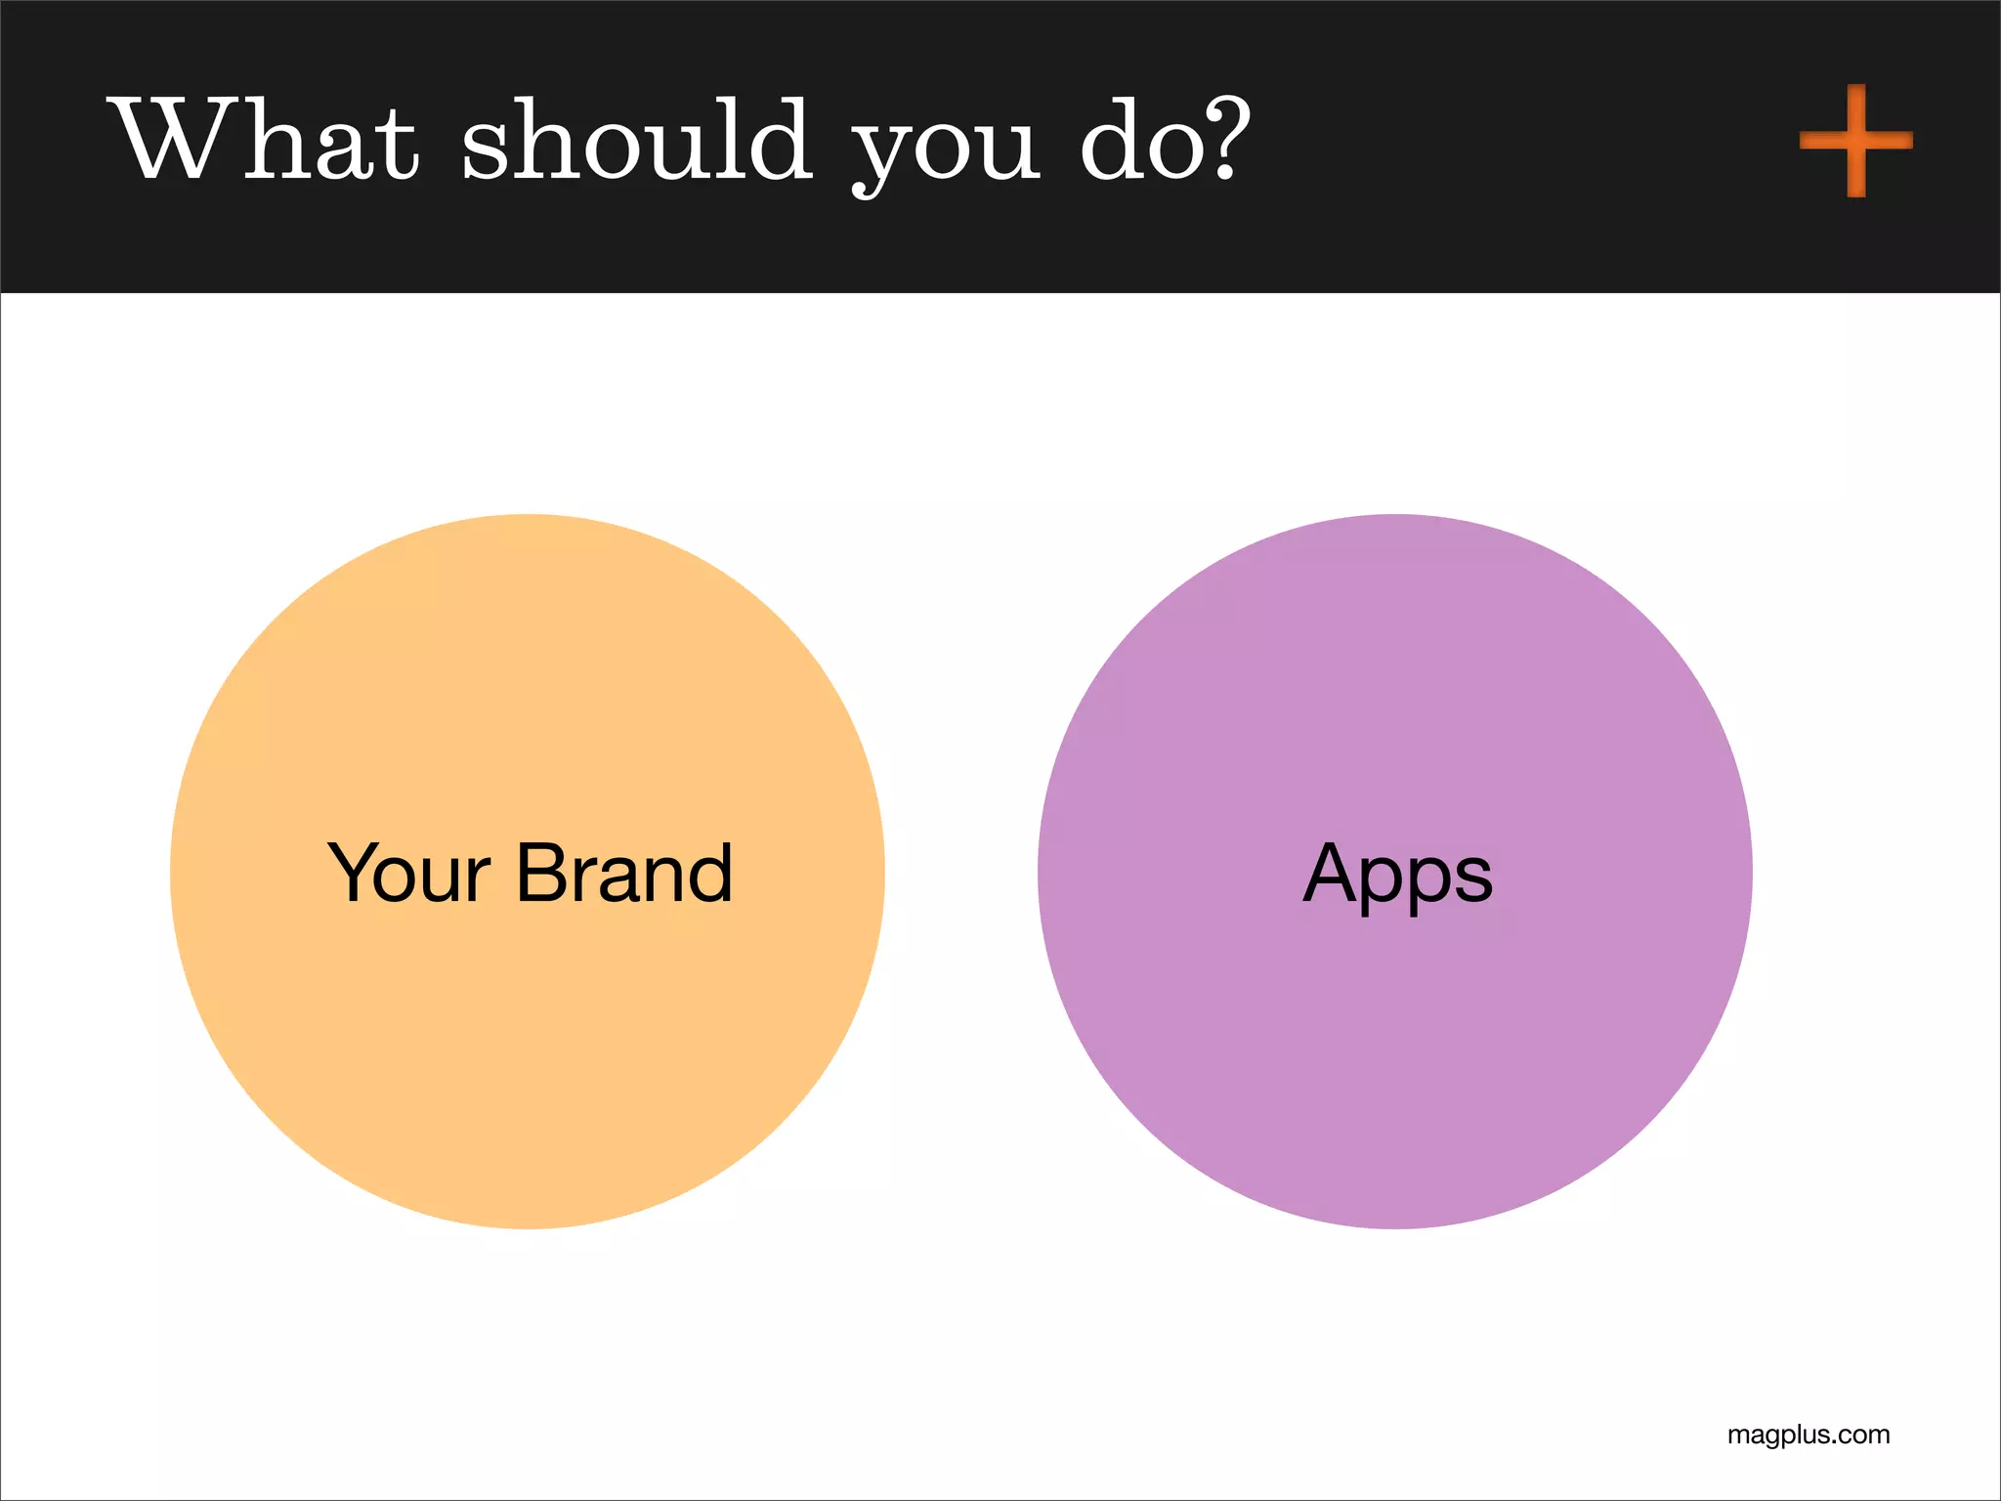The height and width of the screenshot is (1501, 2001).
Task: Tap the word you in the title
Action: click(945, 147)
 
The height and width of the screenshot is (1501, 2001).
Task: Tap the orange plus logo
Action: click(1855, 141)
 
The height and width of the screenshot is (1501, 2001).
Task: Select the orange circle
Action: click(528, 1026)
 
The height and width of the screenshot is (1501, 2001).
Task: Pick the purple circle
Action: click(1394, 1026)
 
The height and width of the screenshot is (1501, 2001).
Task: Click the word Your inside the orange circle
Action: click(408, 873)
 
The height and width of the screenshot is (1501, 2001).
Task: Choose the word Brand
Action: click(623, 873)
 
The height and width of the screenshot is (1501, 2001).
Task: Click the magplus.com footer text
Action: click(1808, 1435)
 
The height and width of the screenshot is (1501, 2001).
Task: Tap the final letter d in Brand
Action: click(708, 873)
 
